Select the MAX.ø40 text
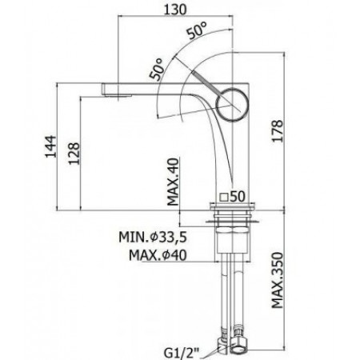tap(163, 255)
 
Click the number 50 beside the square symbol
tap(238, 195)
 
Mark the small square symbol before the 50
tap(224, 195)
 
